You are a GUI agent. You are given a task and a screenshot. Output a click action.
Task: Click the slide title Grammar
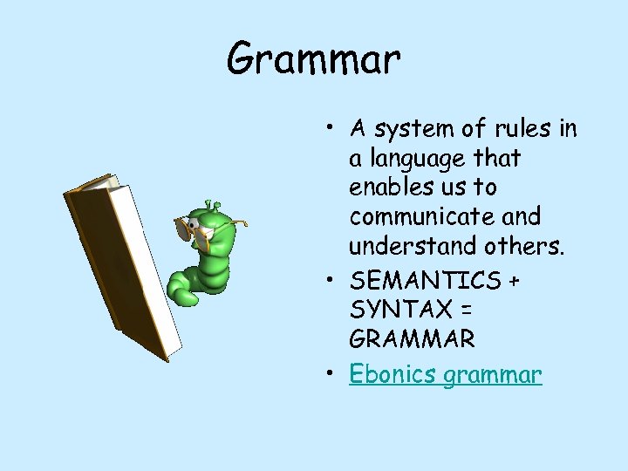point(313,59)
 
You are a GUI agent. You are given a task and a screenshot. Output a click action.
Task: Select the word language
point(415,160)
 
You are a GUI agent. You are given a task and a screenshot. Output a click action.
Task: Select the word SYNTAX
point(398,310)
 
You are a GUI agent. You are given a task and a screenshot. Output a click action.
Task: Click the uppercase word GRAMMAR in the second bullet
point(412,338)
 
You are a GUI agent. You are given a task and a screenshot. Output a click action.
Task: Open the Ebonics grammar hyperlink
point(446,375)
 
